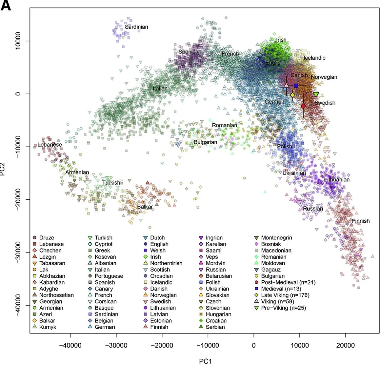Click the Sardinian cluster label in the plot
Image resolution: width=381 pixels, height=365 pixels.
136,27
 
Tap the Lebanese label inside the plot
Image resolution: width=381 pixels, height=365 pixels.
49,144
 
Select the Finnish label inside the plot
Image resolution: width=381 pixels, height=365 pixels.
360,221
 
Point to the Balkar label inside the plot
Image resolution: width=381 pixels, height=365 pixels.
144,206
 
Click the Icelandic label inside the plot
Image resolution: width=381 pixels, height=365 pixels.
315,58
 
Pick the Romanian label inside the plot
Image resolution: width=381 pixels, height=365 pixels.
225,125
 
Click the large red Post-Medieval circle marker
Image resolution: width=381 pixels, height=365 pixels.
303,106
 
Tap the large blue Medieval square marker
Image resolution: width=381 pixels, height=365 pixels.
296,86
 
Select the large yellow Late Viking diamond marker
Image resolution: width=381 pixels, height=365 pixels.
292,95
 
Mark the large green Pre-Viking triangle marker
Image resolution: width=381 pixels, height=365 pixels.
316,94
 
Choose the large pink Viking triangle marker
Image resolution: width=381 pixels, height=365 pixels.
286,86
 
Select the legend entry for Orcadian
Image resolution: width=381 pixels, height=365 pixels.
163,276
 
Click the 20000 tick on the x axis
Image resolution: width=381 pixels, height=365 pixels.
345,344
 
